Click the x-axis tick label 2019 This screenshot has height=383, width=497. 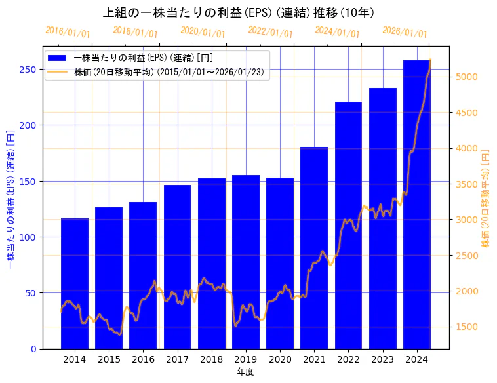pyautogui.click(x=246, y=359)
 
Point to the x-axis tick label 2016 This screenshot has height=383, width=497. pyautogui.click(x=143, y=359)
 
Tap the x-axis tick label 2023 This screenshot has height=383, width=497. pyautogui.click(x=383, y=359)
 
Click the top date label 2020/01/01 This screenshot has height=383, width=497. pyautogui.click(x=203, y=32)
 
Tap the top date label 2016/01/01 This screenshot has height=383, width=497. pyautogui.click(x=68, y=32)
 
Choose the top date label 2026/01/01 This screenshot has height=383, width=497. pyautogui.click(x=405, y=32)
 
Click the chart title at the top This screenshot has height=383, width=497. pyautogui.click(x=239, y=12)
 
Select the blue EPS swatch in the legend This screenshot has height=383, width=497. pyautogui.click(x=58, y=58)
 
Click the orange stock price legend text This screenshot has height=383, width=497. pyautogui.click(x=170, y=72)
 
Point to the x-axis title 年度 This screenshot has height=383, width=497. pyautogui.click(x=245, y=371)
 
